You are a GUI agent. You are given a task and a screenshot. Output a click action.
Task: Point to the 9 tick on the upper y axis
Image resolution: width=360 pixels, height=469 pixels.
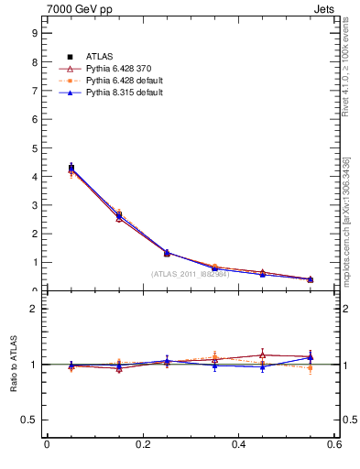pos(34,32)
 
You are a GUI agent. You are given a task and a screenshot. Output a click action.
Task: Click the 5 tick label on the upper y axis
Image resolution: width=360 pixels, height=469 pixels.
pos(34,147)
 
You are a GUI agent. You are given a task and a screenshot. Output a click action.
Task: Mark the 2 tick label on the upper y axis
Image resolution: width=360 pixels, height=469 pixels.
pos(34,234)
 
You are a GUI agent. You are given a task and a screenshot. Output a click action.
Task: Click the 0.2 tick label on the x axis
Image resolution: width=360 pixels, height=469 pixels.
pos(143,444)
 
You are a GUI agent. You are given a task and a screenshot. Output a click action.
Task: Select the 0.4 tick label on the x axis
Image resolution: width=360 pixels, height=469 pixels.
pos(239,444)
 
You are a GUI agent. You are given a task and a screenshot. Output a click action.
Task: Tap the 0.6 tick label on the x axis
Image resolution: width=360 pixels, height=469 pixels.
pos(334,444)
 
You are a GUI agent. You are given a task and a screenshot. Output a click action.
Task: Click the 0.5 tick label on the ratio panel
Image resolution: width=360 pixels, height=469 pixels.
pos(30,420)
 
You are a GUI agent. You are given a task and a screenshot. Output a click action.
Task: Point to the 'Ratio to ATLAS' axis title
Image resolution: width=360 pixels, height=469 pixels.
pos(13,364)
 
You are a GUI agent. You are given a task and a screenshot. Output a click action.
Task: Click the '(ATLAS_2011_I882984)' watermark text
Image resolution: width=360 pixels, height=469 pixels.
pos(190,274)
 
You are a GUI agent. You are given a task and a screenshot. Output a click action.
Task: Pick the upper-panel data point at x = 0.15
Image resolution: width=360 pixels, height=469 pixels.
pos(119,215)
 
